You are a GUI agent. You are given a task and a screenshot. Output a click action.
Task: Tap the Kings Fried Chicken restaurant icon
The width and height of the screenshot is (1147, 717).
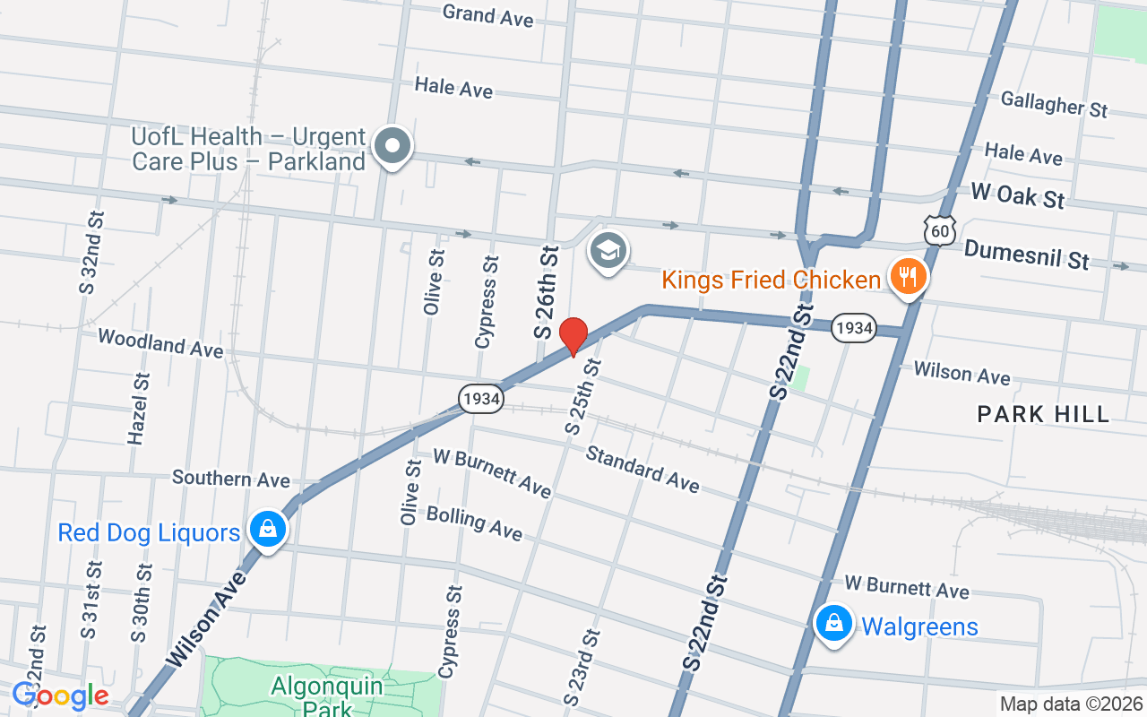tap(909, 277)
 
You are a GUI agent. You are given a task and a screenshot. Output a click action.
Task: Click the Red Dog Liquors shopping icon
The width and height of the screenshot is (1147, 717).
tap(267, 530)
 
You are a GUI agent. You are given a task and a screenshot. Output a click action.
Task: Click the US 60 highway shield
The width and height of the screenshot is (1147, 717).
tap(940, 230)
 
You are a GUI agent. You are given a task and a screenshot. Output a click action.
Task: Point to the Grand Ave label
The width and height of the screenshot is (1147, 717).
tap(487, 15)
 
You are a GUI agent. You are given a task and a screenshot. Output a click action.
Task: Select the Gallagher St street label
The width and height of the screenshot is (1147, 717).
tap(1054, 104)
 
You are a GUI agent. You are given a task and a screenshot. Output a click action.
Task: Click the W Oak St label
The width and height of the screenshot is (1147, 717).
tap(1018, 194)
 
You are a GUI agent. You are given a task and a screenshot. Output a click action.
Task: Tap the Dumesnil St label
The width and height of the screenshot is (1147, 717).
tap(1026, 255)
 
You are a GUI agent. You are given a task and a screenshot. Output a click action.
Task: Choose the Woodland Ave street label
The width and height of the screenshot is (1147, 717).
tap(160, 342)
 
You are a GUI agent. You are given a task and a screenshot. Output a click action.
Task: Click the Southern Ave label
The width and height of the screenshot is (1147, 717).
tap(231, 479)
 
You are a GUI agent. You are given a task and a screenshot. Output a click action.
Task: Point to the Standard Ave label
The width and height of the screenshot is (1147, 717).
tap(642, 468)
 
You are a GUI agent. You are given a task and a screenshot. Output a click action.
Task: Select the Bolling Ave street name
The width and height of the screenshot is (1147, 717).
tap(474, 523)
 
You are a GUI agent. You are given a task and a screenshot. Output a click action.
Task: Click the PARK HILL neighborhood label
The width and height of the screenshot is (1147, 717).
tap(1043, 414)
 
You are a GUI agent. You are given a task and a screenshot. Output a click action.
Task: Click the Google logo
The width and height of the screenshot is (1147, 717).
tap(61, 695)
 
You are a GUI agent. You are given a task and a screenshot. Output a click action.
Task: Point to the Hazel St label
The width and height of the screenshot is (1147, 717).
tap(139, 408)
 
